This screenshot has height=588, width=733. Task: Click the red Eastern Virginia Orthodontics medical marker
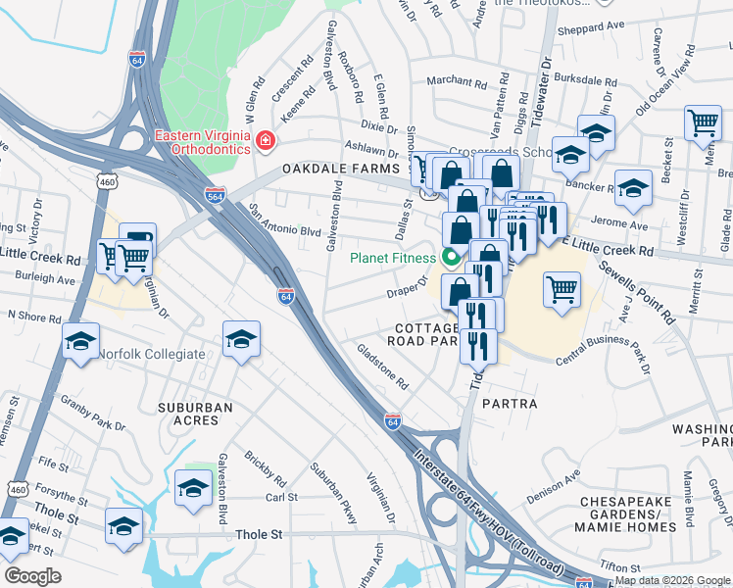[x=263, y=143]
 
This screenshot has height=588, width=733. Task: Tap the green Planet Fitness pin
[x=451, y=259]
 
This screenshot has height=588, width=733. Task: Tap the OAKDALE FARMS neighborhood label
[x=330, y=170]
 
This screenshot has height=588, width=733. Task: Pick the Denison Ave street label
[x=554, y=481]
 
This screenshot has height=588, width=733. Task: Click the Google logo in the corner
[x=33, y=576]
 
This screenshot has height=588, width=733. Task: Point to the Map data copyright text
[x=671, y=581]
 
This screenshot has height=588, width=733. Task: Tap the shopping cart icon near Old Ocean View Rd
[x=703, y=122]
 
